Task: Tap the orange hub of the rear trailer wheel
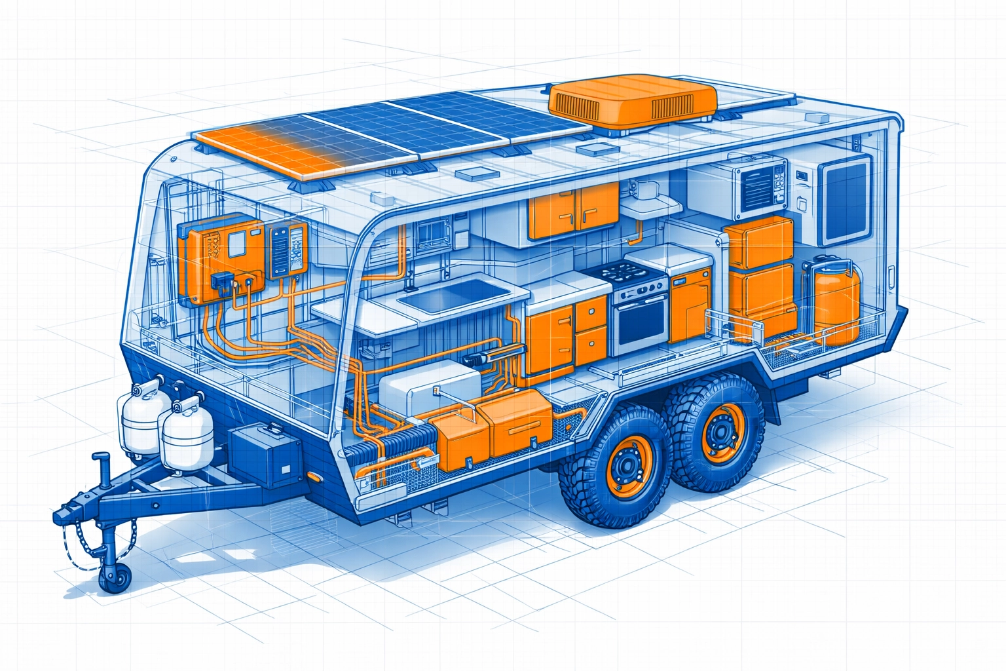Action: [721, 432]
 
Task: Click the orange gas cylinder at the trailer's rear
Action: [836, 301]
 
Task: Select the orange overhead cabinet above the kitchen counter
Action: [574, 210]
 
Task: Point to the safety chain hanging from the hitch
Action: [75, 550]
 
